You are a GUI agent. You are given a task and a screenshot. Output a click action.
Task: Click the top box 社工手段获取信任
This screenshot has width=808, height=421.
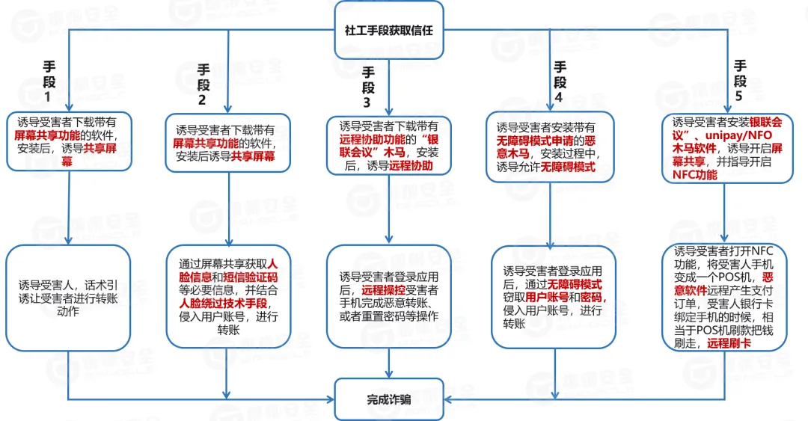(x=388, y=31)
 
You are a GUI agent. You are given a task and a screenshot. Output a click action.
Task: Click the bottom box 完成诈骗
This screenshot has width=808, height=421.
(x=388, y=399)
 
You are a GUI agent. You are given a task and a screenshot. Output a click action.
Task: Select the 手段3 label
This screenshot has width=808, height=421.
(x=368, y=86)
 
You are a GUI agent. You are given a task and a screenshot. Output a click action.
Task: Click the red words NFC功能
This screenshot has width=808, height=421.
(x=694, y=175)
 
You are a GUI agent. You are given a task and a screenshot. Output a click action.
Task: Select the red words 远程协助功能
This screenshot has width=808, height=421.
(x=371, y=139)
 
